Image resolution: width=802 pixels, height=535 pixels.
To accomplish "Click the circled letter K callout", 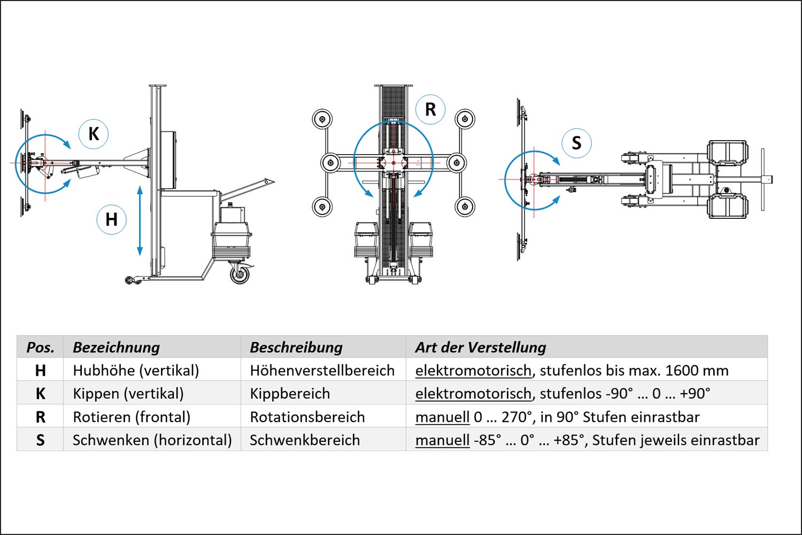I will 94,134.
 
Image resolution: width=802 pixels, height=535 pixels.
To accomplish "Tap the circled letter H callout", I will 111,219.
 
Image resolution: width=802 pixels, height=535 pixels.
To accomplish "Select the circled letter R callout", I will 430,110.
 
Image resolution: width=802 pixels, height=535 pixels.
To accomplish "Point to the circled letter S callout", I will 576,143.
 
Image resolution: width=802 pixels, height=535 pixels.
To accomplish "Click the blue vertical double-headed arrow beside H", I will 140,220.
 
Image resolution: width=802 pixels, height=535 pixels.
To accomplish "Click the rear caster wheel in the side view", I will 240,274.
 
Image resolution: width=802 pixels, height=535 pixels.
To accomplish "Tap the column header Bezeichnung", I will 116,347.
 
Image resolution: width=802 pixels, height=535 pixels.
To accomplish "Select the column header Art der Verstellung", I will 481,347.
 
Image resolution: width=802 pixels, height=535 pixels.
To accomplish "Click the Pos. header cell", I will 40,347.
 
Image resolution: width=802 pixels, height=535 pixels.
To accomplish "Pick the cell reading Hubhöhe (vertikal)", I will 136,370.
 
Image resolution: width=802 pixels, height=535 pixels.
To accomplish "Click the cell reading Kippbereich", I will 290,394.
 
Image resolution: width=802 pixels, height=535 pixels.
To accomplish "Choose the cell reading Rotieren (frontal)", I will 132,417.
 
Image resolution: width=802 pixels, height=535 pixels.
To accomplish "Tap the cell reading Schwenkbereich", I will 305,440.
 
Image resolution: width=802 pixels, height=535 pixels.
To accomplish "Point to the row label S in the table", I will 40,440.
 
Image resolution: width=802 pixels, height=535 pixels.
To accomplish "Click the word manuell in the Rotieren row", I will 442,417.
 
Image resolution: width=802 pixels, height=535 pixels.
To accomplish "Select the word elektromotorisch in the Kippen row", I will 473,394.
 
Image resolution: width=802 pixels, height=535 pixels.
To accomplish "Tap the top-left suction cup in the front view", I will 322,119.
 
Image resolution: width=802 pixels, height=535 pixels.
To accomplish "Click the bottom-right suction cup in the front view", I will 465,206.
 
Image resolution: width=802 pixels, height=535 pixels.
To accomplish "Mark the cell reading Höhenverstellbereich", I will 322,370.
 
